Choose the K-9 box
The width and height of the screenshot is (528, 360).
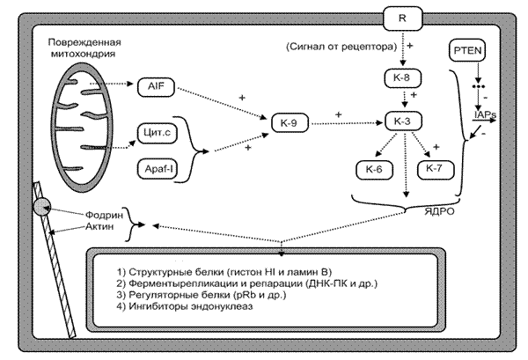[289, 121]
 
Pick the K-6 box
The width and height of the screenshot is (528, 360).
[373, 167]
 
